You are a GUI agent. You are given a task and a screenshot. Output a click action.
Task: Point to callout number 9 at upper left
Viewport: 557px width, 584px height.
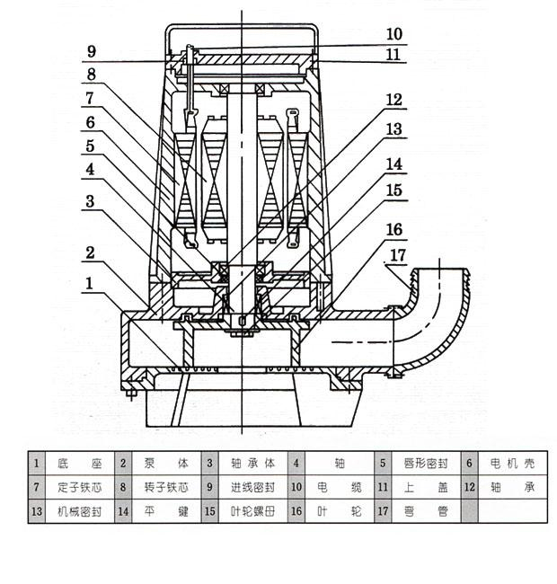tap(92, 51)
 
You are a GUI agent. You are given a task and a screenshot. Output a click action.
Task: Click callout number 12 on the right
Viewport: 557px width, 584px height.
tap(393, 100)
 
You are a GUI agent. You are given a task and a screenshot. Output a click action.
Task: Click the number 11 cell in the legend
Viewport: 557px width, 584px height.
tap(381, 487)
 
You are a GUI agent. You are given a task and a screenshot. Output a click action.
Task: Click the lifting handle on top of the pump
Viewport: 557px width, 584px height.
tap(241, 27)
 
